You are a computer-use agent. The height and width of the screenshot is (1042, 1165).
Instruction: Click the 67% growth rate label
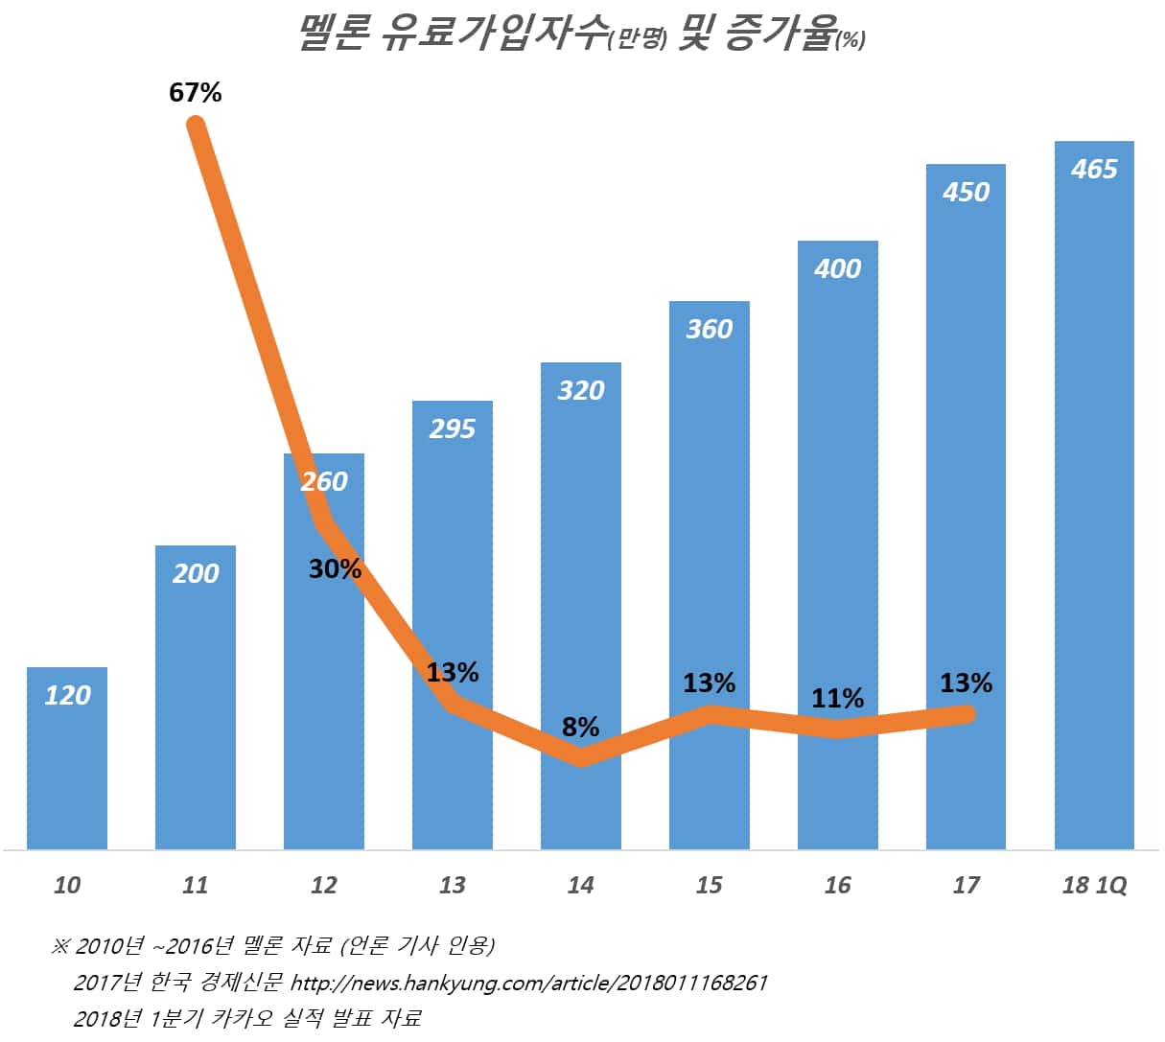tap(196, 93)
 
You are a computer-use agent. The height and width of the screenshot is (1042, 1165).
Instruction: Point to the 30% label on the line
tap(335, 568)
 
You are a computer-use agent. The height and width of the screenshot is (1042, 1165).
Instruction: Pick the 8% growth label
tap(580, 727)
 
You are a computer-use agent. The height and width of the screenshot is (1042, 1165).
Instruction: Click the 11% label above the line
tap(837, 698)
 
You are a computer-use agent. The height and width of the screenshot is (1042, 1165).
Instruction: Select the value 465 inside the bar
tap(1094, 169)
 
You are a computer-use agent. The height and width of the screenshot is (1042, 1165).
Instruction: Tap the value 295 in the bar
tap(452, 428)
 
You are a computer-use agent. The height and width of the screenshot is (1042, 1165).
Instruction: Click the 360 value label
tap(709, 329)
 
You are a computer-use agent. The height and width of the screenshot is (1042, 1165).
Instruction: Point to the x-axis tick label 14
tap(580, 885)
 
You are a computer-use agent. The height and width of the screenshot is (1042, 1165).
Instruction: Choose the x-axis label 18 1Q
tap(1094, 885)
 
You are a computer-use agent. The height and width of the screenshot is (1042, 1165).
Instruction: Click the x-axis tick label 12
tap(323, 885)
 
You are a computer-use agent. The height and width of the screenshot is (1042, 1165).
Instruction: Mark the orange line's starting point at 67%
tap(196, 124)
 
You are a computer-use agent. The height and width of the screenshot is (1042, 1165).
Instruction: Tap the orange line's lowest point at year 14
tap(581, 758)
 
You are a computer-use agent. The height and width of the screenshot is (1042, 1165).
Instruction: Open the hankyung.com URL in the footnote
tap(528, 983)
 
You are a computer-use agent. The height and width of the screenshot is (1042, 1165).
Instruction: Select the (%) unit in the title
tap(850, 40)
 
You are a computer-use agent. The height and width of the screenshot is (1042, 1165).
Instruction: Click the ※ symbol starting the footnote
tap(60, 947)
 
